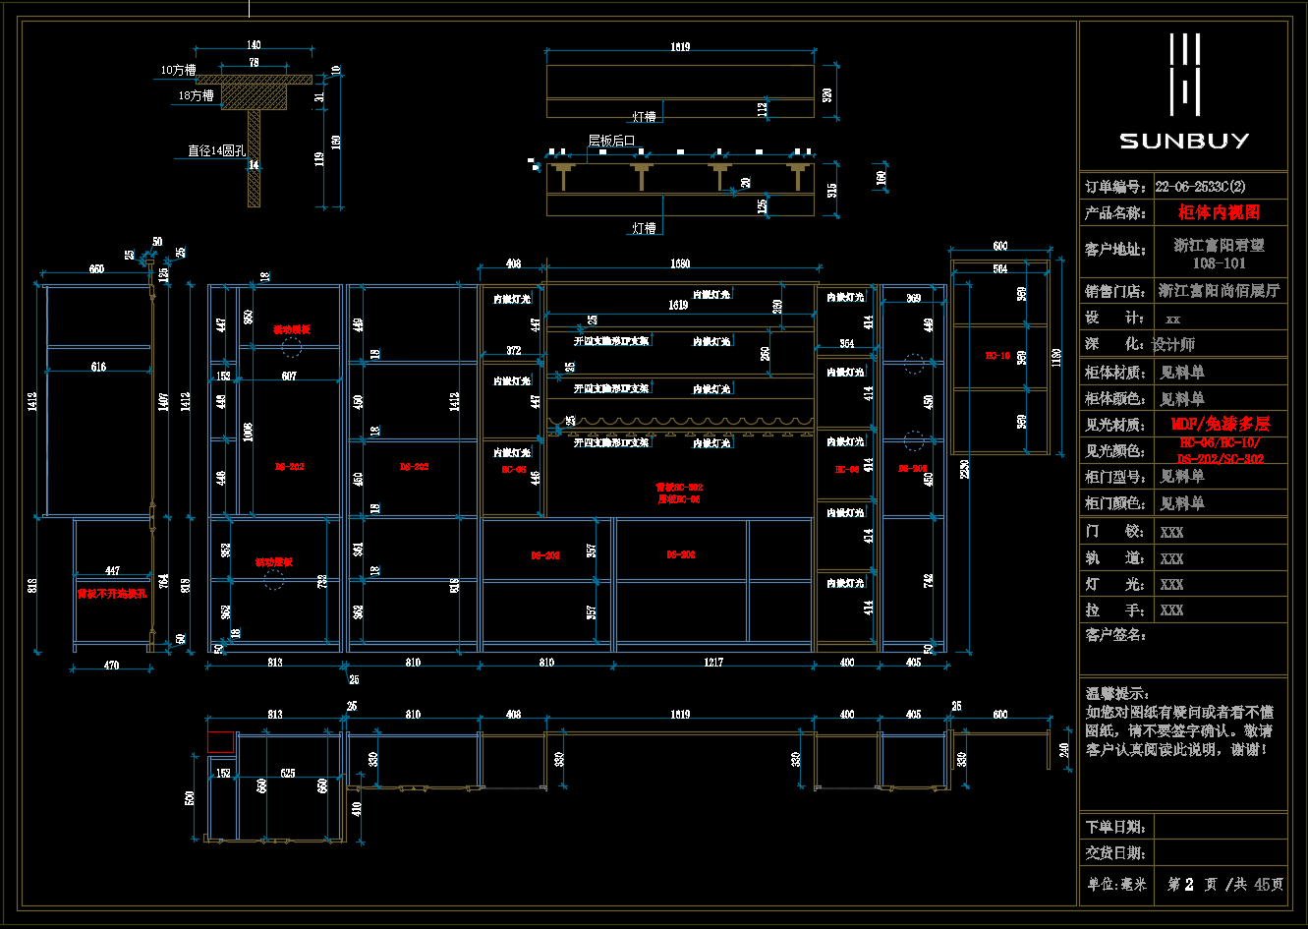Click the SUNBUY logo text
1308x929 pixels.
click(x=1184, y=141)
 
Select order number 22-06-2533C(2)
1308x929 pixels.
click(x=1205, y=186)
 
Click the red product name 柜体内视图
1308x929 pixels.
click(x=1219, y=211)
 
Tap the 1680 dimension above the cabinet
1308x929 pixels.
click(x=680, y=263)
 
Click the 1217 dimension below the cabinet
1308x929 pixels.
click(x=713, y=663)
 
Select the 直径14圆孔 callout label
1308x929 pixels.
click(x=216, y=151)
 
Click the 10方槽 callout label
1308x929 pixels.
click(x=179, y=70)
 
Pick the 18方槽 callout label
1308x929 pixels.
click(x=197, y=95)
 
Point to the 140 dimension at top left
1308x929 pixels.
click(x=254, y=45)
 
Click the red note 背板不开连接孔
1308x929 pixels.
click(x=112, y=594)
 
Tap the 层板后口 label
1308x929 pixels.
click(x=611, y=141)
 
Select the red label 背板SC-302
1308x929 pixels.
click(x=679, y=488)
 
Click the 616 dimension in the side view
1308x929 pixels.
click(x=98, y=367)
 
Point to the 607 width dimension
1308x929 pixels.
click(x=289, y=377)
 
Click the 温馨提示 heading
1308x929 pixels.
click(x=1117, y=694)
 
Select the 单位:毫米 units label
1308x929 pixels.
click(x=1116, y=884)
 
